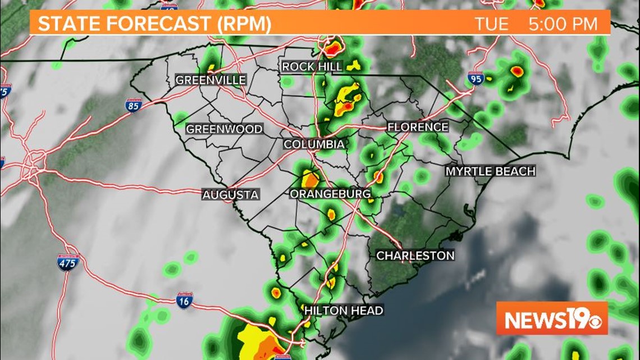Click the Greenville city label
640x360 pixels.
pyautogui.click(x=211, y=80)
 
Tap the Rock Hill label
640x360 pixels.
pyautogui.click(x=312, y=67)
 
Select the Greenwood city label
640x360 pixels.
pyautogui.click(x=224, y=129)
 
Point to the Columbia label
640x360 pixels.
pyautogui.click(x=314, y=144)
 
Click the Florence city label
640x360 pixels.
pyautogui.click(x=418, y=127)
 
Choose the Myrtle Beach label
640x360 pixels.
pyautogui.click(x=490, y=171)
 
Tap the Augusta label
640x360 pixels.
pyautogui.click(x=231, y=195)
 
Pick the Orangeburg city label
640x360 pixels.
pyautogui.click(x=330, y=194)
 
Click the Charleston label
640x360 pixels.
pyautogui.click(x=415, y=256)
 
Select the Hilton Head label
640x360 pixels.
pyautogui.click(x=344, y=310)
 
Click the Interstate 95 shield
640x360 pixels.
pyautogui.click(x=475, y=79)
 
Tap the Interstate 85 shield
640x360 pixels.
pyautogui.click(x=134, y=105)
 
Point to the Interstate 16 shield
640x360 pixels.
pyautogui.click(x=184, y=300)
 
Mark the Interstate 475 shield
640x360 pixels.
pyautogui.click(x=68, y=262)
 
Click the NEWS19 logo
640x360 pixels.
pyautogui.click(x=551, y=318)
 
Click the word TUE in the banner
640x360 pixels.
pyautogui.click(x=492, y=24)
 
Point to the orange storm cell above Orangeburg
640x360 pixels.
pyautogui.click(x=310, y=180)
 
